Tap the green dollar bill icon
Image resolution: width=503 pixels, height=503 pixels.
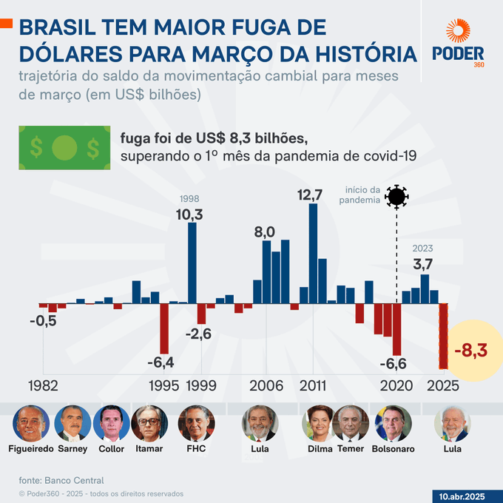[64, 147]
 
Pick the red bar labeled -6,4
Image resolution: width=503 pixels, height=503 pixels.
[164, 329]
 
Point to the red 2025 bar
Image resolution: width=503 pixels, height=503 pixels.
[443, 336]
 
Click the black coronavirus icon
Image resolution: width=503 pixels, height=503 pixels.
[397, 197]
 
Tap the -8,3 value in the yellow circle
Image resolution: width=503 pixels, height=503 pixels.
[470, 350]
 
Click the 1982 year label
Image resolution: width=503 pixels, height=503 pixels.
[44, 385]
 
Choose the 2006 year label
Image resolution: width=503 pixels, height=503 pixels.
[265, 385]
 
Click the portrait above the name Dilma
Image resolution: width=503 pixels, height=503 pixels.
[320, 424]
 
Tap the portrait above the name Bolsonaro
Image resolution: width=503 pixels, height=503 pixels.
[393, 424]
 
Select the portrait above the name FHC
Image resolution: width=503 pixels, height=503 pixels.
[197, 424]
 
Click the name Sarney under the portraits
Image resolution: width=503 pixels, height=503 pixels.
[72, 449]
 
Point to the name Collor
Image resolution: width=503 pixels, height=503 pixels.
[112, 449]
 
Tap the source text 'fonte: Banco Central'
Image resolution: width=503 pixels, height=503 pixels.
[61, 480]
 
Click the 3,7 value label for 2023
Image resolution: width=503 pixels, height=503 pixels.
[423, 264]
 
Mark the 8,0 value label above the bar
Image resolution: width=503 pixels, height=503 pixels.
[265, 232]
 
